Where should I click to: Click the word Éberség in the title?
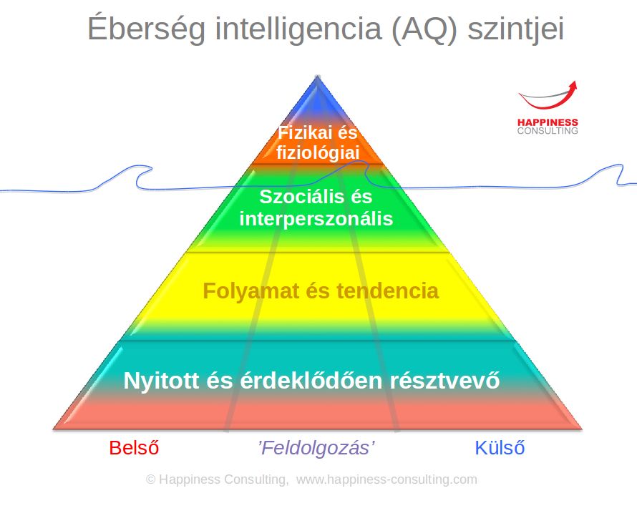coord(147,28)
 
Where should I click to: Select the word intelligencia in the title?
coord(298,28)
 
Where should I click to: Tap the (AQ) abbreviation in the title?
coord(424,29)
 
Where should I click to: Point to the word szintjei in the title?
coord(516,29)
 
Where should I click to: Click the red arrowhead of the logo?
coord(572,86)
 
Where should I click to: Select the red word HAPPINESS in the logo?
coord(548,122)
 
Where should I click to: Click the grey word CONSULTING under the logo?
coord(548,131)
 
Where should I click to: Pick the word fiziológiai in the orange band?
coord(318,152)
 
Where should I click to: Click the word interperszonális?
coord(316,219)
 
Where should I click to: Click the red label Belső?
coord(134,448)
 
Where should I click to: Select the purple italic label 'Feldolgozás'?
coord(316,448)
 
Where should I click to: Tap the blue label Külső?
coord(500,448)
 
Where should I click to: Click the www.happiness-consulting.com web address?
coord(386,479)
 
